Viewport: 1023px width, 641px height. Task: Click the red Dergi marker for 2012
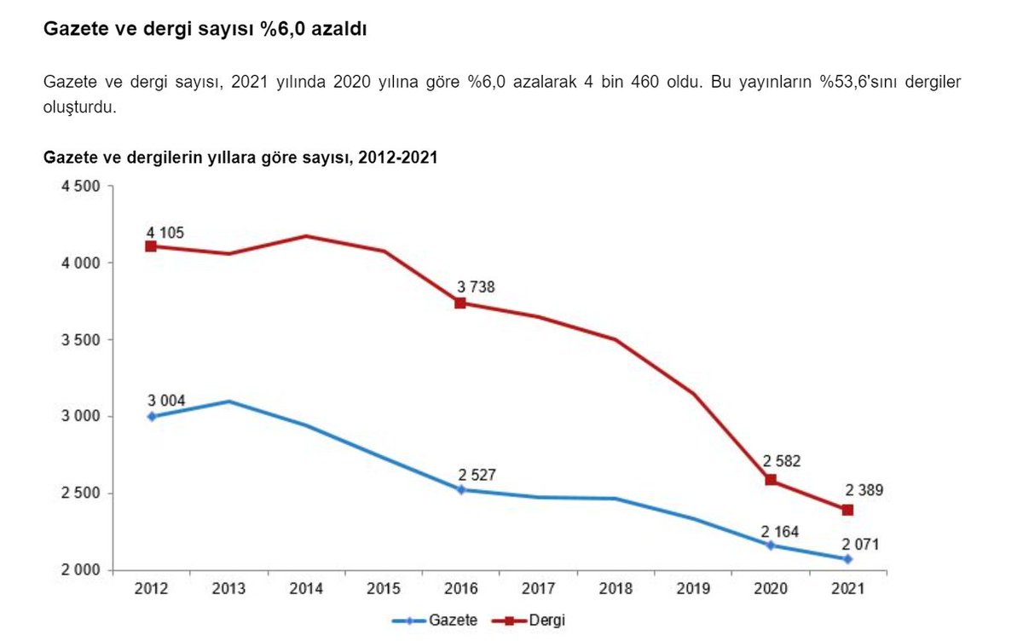tap(151, 246)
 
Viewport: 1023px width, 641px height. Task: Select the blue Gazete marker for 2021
tap(847, 559)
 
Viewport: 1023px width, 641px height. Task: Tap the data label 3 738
tap(476, 287)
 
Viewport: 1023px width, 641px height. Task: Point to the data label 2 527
tap(476, 474)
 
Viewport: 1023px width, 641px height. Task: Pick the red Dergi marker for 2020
tap(771, 480)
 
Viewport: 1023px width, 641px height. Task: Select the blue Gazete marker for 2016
tap(460, 489)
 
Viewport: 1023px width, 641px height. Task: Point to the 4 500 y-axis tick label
tap(80, 187)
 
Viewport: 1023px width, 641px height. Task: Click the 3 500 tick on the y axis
tap(80, 340)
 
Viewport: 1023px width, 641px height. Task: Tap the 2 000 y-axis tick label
tap(80, 570)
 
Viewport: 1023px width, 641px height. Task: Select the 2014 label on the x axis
tap(306, 589)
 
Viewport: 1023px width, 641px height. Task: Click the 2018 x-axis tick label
tap(616, 589)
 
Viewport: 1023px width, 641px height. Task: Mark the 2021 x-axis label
tap(847, 589)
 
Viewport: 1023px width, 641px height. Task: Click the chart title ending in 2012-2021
tap(240, 158)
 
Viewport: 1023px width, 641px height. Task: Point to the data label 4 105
tap(165, 233)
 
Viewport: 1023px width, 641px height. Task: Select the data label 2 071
tap(861, 545)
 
